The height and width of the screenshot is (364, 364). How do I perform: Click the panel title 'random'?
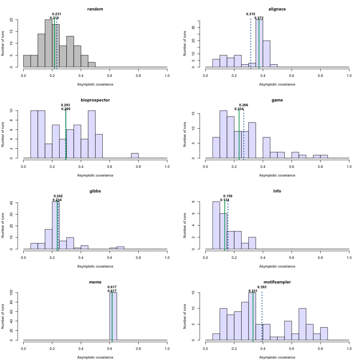[x=96, y=9]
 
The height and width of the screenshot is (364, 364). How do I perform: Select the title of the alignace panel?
[x=278, y=9]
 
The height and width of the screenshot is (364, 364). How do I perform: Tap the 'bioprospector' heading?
[x=96, y=100]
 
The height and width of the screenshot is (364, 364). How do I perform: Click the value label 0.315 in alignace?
[x=251, y=14]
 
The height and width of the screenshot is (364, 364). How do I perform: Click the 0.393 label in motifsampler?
[x=262, y=287]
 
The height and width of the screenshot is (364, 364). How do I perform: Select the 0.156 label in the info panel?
[x=227, y=196]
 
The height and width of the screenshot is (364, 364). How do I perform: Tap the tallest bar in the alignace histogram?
[x=259, y=43]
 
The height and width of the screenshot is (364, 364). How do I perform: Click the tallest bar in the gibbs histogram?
[x=56, y=225]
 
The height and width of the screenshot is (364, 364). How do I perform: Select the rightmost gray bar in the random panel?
[x=92, y=65]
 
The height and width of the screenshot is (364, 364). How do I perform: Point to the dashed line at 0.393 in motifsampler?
[x=262, y=318]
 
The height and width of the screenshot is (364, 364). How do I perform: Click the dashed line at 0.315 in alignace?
[x=251, y=45]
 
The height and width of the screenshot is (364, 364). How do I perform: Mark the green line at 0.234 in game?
[x=239, y=136]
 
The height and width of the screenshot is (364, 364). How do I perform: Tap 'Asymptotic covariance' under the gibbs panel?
[x=96, y=266]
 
